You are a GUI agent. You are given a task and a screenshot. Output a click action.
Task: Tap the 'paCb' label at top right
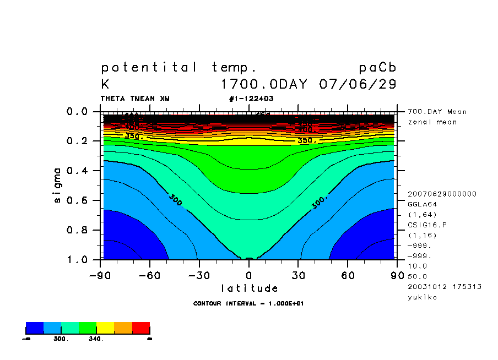click(x=377, y=68)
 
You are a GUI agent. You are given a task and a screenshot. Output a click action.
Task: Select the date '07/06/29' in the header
click(x=358, y=85)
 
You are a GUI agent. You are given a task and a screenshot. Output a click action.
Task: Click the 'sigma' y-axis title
click(x=58, y=185)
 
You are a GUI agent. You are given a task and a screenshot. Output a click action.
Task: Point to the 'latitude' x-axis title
click(x=250, y=288)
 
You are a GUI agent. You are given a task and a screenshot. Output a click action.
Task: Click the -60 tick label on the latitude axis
click(x=148, y=275)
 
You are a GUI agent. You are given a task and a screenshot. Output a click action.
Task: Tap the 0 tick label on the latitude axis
click(x=249, y=275)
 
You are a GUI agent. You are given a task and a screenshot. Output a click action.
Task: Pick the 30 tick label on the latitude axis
click(x=298, y=275)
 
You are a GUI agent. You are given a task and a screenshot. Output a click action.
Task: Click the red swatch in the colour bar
click(x=141, y=328)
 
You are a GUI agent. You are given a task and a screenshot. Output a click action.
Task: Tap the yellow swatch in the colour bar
click(x=105, y=328)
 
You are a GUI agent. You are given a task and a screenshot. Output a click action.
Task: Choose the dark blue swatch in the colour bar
click(x=35, y=328)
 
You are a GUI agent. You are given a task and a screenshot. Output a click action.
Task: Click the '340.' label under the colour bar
click(x=96, y=339)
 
